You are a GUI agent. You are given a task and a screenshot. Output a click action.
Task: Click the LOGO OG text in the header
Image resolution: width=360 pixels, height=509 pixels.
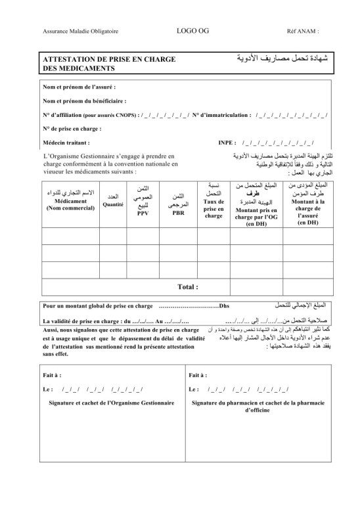187,30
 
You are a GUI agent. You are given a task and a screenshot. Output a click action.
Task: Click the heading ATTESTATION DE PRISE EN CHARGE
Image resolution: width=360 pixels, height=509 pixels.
108,59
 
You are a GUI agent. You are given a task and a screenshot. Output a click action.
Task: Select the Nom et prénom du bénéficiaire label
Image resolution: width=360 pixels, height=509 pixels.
84,101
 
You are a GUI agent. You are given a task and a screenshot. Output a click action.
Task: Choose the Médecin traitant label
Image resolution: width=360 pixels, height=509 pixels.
66,142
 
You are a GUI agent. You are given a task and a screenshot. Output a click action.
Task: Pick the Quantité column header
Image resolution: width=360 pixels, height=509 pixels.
112,205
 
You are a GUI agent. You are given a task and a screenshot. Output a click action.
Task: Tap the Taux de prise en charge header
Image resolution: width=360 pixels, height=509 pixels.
214,210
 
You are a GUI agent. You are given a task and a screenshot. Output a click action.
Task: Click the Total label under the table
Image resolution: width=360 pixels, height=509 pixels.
187,287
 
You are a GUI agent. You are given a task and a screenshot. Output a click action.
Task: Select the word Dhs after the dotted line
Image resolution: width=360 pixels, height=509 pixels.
223,306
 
